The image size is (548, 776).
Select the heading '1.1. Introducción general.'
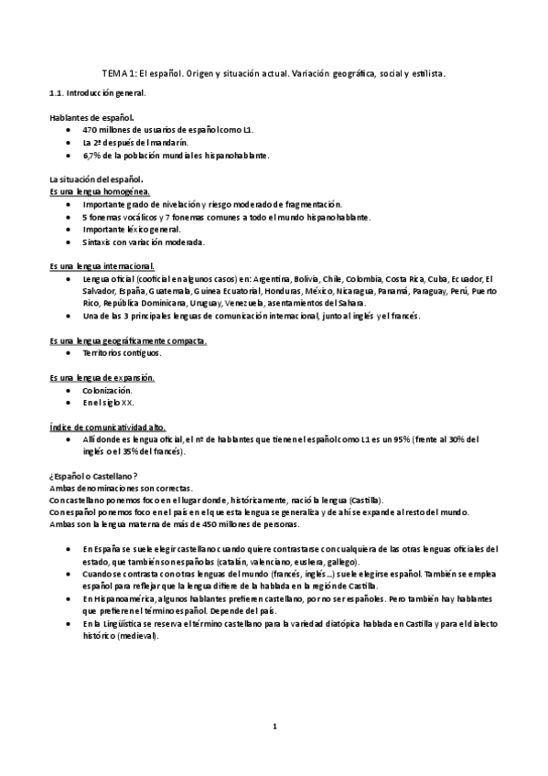point(97,93)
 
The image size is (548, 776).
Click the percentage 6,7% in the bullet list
point(92,156)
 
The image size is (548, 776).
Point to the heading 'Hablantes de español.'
point(91,118)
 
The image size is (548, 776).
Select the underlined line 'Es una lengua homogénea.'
point(100,191)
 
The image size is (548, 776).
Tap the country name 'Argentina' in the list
point(270,278)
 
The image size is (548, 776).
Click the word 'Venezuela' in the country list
point(250,303)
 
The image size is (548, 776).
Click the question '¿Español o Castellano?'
point(93,476)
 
